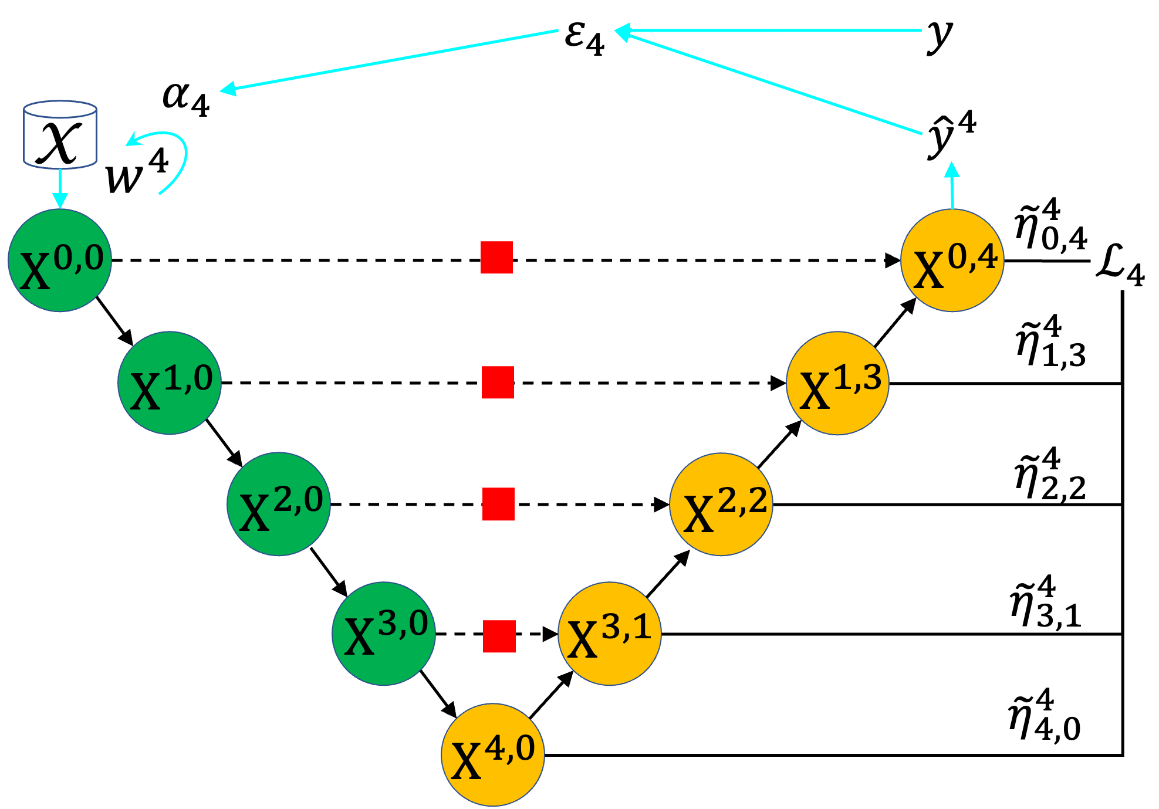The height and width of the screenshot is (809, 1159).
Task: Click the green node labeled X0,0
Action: (60, 260)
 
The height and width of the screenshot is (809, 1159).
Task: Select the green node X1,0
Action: (170, 383)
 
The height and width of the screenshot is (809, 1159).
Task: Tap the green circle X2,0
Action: (279, 504)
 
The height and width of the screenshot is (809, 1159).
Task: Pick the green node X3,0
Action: (384, 634)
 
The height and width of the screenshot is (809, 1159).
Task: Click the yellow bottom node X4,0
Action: (493, 754)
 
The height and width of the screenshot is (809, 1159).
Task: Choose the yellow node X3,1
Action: (610, 634)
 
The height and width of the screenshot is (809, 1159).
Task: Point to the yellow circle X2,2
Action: (721, 504)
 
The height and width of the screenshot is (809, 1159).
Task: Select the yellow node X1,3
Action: (838, 383)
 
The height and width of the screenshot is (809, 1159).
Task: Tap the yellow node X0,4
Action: (952, 260)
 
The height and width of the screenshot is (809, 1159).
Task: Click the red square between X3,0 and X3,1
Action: (499, 637)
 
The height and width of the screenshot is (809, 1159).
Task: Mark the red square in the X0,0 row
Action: (496, 258)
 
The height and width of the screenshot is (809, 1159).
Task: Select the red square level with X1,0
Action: (498, 383)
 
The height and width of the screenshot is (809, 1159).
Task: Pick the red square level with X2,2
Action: (499, 504)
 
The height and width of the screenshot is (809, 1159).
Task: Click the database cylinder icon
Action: (60, 135)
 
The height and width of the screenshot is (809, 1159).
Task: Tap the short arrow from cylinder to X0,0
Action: (60, 188)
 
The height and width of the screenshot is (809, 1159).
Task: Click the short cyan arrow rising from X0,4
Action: (952, 187)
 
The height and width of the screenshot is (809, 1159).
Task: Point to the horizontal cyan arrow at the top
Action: (769, 31)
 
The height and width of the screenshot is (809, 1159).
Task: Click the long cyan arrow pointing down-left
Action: (387, 60)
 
